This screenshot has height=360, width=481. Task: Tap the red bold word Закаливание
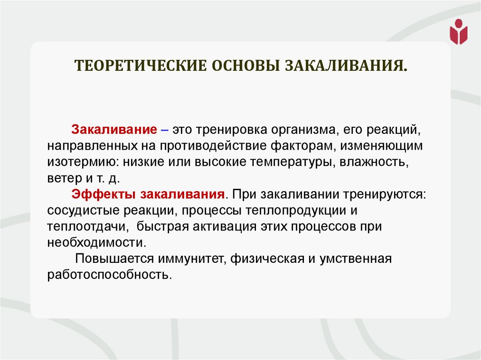pos(114,129)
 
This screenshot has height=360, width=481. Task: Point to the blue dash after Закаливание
pos(164,129)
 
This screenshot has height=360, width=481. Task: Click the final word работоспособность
pos(107,275)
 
